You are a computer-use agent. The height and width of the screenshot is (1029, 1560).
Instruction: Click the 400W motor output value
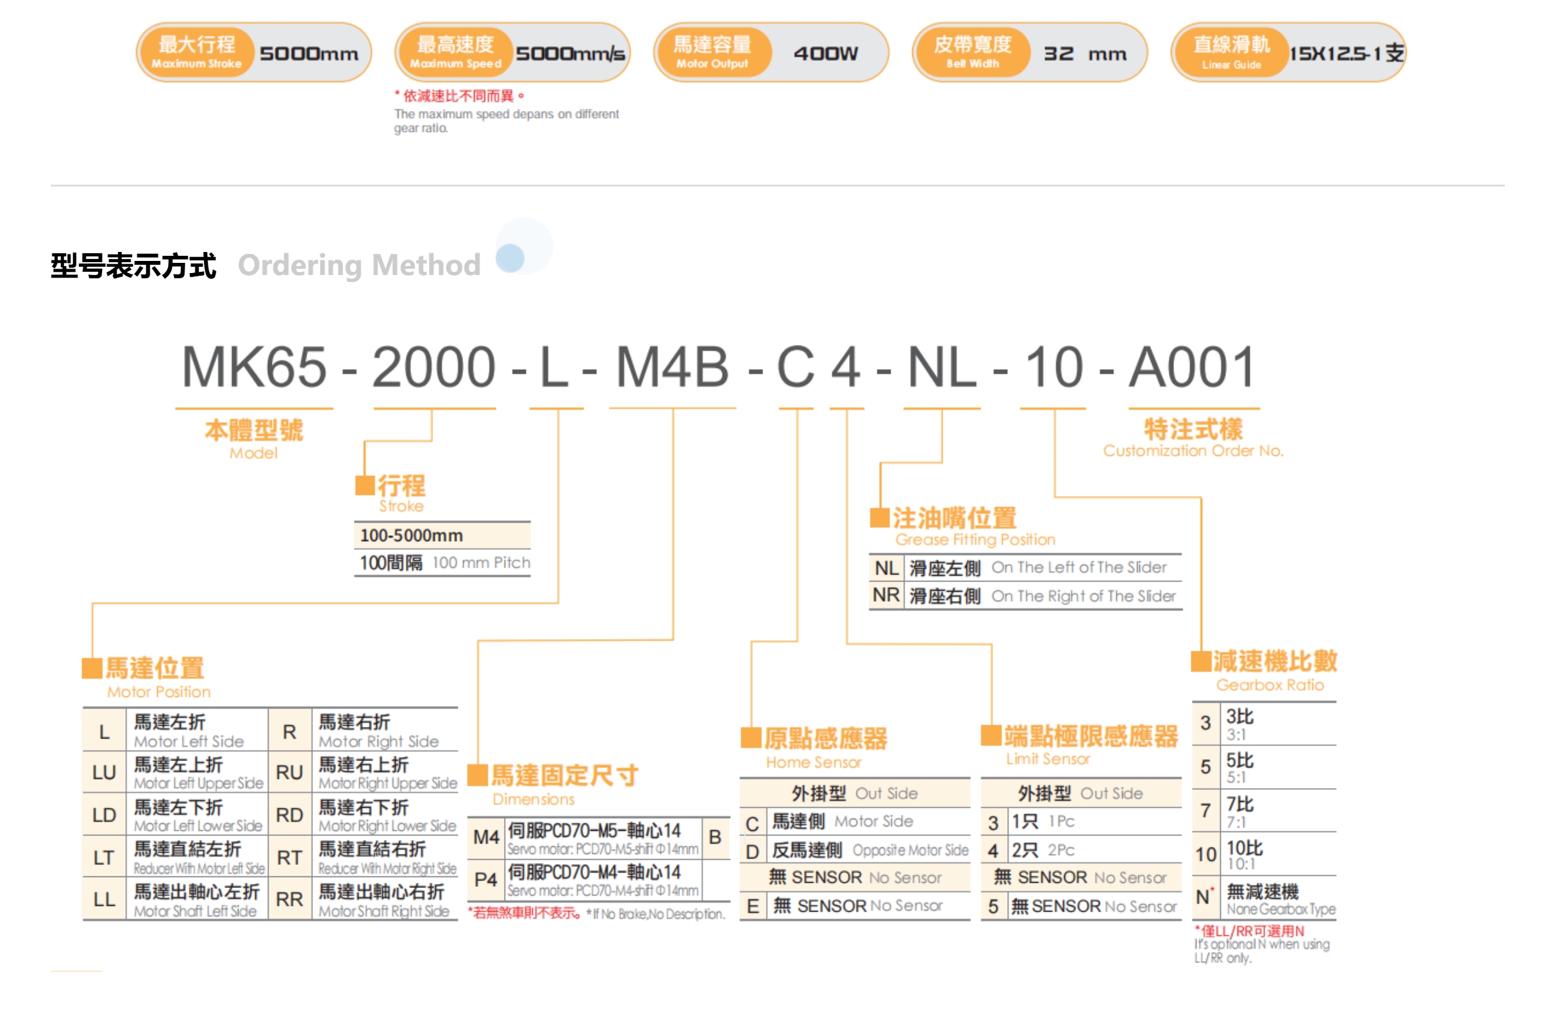pos(825,53)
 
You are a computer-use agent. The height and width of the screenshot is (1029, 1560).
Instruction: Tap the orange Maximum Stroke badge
pos(197,52)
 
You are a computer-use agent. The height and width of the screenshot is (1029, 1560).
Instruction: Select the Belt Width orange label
pos(972,52)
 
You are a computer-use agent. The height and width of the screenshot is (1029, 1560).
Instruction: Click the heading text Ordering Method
pos(359,265)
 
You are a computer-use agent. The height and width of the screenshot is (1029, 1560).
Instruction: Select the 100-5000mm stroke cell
pos(412,535)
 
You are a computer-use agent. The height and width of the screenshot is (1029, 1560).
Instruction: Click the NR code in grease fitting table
pos(886,595)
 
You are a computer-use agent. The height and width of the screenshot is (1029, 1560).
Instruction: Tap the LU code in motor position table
pos(105,773)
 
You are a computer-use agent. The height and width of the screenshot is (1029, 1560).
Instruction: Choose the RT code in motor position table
pos(289,857)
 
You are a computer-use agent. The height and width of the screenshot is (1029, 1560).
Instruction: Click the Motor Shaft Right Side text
pos(384,912)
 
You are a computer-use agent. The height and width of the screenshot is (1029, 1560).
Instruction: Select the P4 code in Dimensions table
pos(485,880)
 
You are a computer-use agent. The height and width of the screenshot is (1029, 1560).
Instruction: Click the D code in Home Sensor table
pos(752,852)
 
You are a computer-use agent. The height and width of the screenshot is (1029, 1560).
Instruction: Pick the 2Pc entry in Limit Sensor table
pos(1061,850)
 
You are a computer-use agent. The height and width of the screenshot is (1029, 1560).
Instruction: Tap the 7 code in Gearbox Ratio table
pos(1205,810)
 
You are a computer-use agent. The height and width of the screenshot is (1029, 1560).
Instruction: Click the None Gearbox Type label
pos(1280,909)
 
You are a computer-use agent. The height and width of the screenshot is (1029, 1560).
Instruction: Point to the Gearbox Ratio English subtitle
pos(1270,685)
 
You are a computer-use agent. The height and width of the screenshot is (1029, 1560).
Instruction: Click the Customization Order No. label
pos(1193,451)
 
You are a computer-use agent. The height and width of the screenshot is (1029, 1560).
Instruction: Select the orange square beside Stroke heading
pos(364,485)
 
